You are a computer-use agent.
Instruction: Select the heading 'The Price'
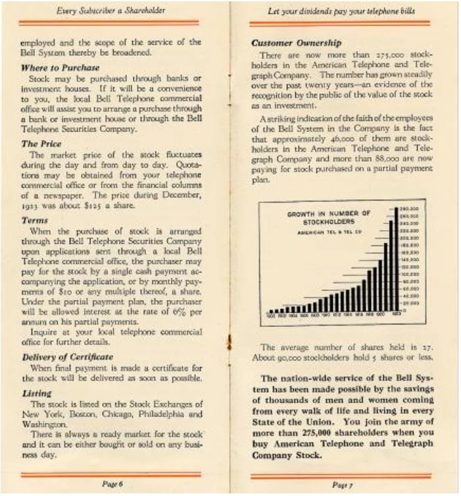[x=41, y=143]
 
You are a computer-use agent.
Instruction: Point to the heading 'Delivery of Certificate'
[x=67, y=357]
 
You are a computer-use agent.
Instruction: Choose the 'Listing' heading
[x=37, y=393]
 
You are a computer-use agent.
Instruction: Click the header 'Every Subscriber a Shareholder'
[x=111, y=11]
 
